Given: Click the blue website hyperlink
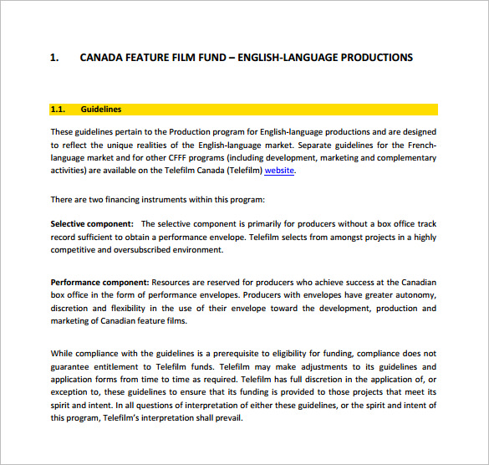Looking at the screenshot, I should point(279,171).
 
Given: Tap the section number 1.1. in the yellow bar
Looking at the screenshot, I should point(59,110).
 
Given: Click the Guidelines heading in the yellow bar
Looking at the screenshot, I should point(101,110).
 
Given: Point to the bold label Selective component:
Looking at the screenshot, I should point(92,224).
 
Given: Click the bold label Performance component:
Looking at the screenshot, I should point(99,283).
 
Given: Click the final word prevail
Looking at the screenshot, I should point(228,418).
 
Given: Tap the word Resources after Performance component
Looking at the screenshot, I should point(175,283).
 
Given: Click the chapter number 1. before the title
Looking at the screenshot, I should point(55,58).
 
